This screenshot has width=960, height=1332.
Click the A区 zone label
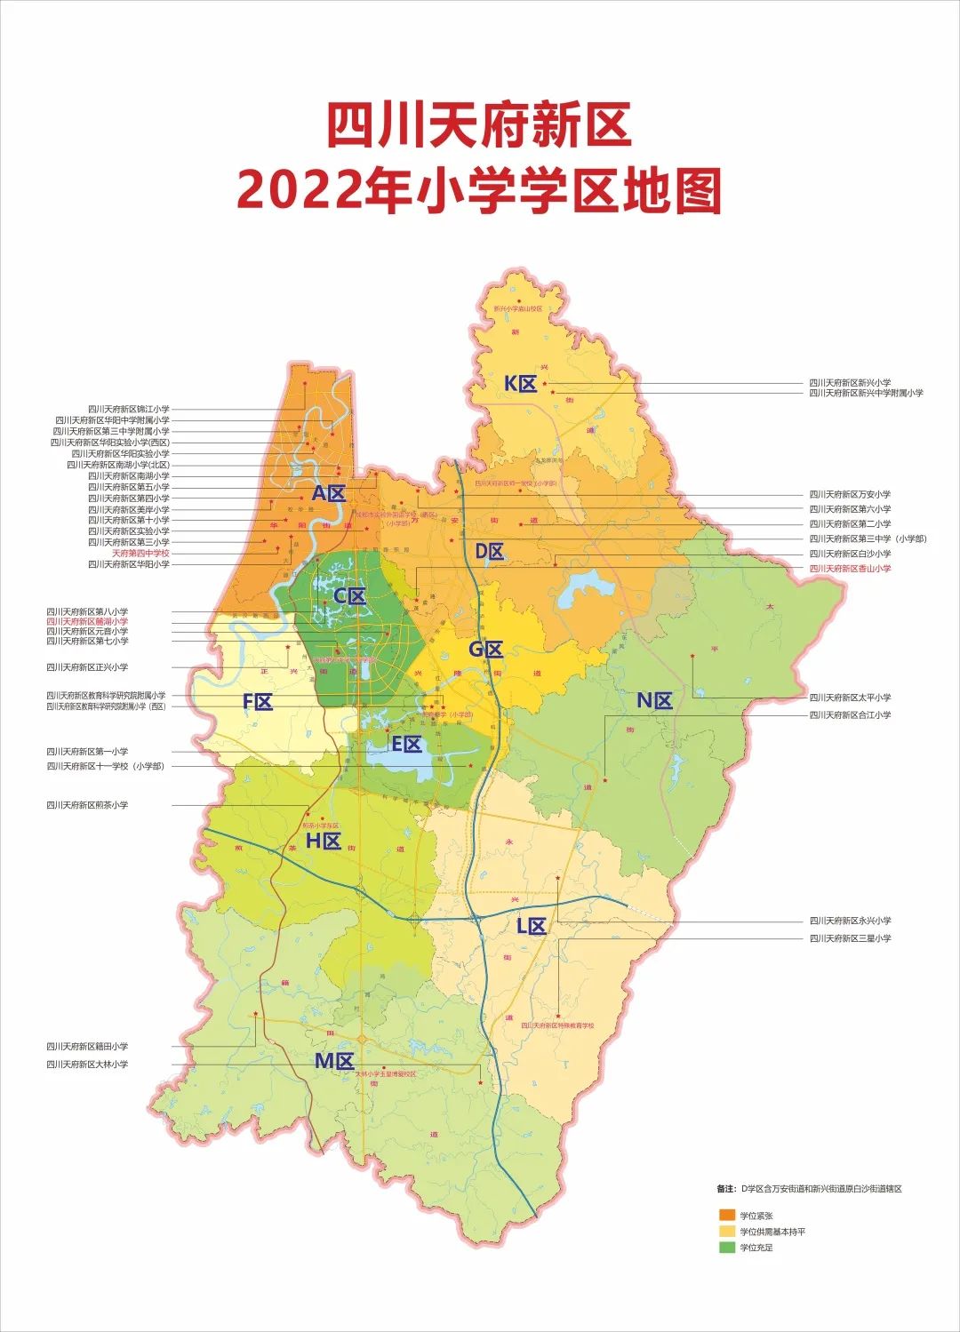[x=327, y=493]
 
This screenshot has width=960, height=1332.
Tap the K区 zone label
[x=520, y=384]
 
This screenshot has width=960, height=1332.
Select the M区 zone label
[x=334, y=1061]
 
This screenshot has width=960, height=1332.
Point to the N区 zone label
[x=654, y=700]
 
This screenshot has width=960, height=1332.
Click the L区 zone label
[x=531, y=926]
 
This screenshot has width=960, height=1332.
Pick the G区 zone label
[x=485, y=650]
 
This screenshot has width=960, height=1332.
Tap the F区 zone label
[x=258, y=702]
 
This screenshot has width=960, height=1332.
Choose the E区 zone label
[x=406, y=745]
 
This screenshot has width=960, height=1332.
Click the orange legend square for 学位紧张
[x=726, y=1215]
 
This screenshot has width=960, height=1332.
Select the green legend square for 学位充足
[x=726, y=1248]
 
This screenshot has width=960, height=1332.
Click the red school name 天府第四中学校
[x=140, y=554]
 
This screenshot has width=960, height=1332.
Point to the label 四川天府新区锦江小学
[x=128, y=410]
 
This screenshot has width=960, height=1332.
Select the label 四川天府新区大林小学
[x=87, y=1064]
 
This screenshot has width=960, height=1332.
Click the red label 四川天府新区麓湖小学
[x=87, y=622]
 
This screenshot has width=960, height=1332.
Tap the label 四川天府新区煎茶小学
[x=87, y=805]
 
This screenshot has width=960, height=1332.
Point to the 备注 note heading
[x=725, y=1188]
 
